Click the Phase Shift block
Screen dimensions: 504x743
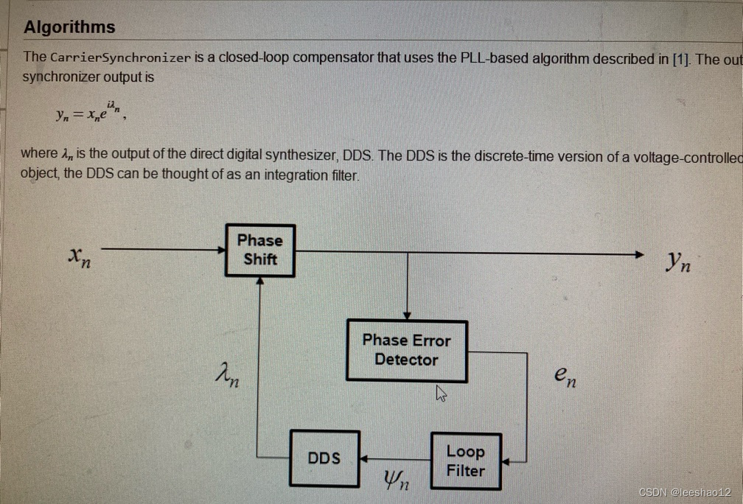pos(259,250)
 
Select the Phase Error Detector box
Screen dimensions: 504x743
pos(406,350)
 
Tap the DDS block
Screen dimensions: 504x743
pos(324,458)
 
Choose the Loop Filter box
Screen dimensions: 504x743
pos(465,461)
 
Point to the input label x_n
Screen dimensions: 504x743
pos(79,257)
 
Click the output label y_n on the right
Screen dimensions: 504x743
pos(678,261)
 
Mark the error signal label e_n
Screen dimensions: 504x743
pos(565,377)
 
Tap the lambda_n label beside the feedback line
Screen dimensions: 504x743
pos(226,378)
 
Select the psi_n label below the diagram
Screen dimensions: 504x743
pos(395,482)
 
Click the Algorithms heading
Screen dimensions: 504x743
pos(69,27)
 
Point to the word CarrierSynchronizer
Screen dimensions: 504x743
pos(120,57)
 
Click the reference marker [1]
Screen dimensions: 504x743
pos(681,59)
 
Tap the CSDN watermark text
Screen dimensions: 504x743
pos(684,491)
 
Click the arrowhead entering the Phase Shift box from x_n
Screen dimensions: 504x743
pos(220,251)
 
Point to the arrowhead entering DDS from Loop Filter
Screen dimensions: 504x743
pos(364,458)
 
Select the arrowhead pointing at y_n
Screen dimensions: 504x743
pos(639,254)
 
